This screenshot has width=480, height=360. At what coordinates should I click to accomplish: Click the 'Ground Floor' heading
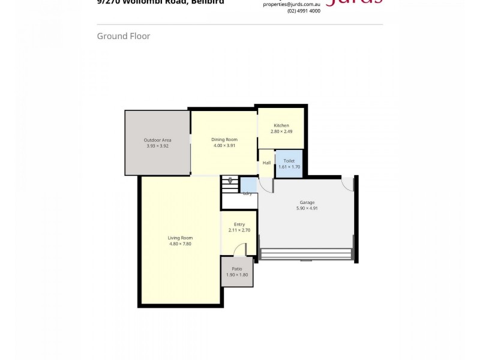pyautogui.click(x=124, y=36)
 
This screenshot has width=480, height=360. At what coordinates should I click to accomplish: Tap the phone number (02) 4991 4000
pyautogui.click(x=304, y=11)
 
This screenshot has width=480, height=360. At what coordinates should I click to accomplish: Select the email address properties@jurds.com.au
pyautogui.click(x=292, y=4)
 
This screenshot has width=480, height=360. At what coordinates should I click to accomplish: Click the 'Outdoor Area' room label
pyautogui.click(x=157, y=140)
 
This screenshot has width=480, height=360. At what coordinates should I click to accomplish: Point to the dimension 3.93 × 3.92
pyautogui.click(x=157, y=146)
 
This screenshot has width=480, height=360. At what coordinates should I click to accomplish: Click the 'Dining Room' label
pyautogui.click(x=224, y=139)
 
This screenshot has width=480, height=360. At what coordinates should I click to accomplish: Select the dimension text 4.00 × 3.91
pyautogui.click(x=224, y=145)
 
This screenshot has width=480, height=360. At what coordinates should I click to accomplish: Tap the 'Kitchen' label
pyautogui.click(x=281, y=125)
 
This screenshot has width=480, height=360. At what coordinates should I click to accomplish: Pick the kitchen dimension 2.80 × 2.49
pyautogui.click(x=281, y=131)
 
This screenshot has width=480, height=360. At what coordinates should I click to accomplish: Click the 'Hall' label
pyautogui.click(x=266, y=163)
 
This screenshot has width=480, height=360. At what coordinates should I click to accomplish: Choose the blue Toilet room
pyautogui.click(x=289, y=164)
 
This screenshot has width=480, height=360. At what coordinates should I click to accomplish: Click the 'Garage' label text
pyautogui.click(x=306, y=202)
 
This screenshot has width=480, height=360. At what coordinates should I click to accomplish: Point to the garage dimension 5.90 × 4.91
pyautogui.click(x=306, y=208)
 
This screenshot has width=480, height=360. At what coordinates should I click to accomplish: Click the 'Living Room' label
pyautogui.click(x=180, y=238)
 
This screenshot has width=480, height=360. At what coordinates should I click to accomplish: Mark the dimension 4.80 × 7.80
pyautogui.click(x=180, y=244)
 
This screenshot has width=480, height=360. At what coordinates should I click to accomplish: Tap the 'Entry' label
pyautogui.click(x=239, y=224)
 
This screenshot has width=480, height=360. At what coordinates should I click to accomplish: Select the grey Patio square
pyautogui.click(x=237, y=272)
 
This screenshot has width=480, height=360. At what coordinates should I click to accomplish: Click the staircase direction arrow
pyautogui.click(x=230, y=180)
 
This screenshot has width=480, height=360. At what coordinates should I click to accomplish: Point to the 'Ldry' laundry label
pyautogui.click(x=247, y=193)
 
